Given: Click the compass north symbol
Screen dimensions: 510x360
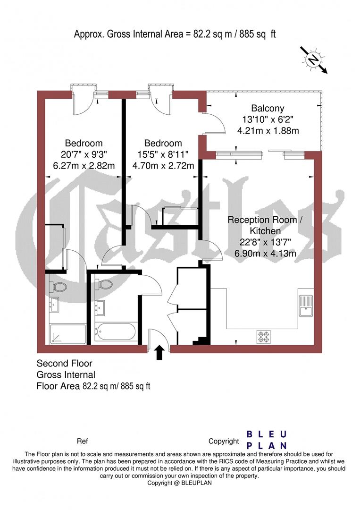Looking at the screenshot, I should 313,59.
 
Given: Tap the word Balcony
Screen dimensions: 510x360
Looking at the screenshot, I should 268,109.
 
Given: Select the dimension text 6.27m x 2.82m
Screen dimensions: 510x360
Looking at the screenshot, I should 84,165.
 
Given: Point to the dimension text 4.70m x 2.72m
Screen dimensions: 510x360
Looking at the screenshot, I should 163,165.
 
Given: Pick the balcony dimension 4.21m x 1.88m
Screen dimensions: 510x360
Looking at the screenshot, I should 268,131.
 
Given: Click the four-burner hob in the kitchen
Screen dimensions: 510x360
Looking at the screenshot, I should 263,336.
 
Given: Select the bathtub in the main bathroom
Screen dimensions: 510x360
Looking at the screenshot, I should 116,333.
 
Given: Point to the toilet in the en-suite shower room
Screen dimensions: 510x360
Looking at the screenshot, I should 58,286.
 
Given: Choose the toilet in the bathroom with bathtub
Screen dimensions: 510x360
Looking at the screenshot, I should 104,284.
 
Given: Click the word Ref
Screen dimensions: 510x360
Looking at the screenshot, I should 82,442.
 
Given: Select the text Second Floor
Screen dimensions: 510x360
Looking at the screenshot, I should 64,364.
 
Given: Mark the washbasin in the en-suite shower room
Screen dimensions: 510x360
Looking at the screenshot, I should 54,305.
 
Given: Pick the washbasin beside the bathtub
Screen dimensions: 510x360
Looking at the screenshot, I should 100,307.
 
